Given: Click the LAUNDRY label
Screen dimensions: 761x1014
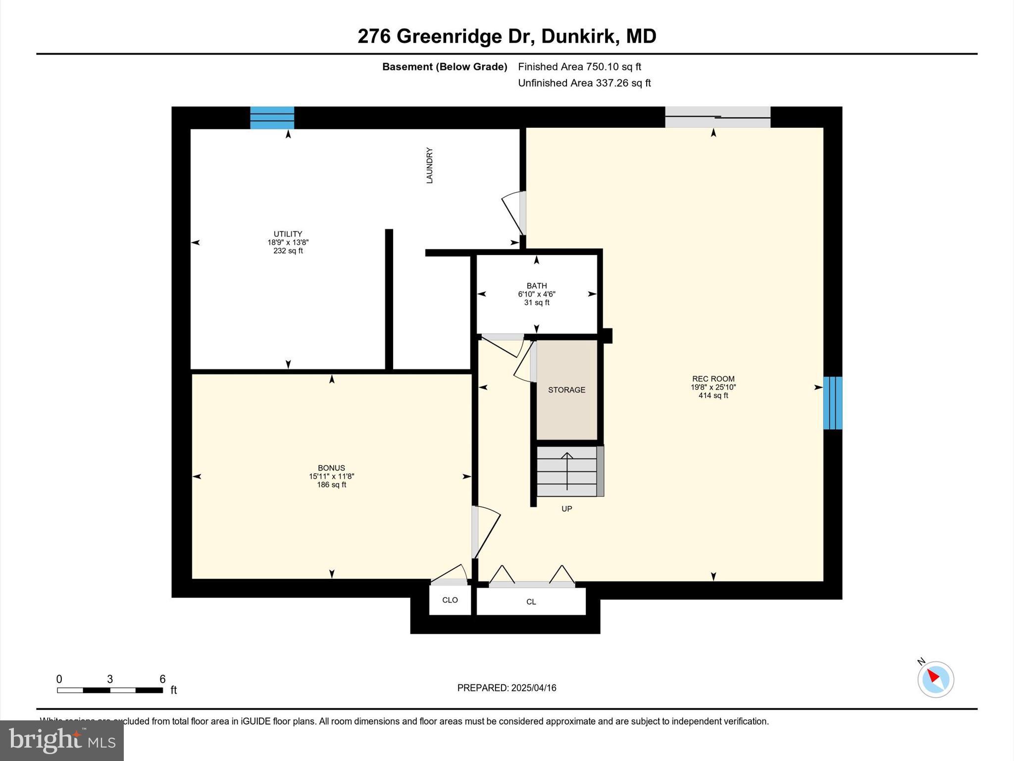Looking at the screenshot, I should (429, 165).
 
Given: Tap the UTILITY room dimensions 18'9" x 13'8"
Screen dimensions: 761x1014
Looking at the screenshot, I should (288, 242).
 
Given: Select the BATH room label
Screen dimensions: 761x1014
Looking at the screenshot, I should (536, 286).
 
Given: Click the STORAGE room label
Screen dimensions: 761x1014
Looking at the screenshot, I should (566, 390).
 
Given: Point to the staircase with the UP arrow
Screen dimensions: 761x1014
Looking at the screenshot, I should (567, 471).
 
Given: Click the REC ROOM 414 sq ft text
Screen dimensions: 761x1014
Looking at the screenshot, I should (713, 395).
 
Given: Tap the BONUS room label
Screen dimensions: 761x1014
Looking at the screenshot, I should (331, 468).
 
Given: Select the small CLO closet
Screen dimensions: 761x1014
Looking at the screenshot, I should (450, 600).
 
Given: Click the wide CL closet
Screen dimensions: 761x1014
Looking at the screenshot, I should (531, 601).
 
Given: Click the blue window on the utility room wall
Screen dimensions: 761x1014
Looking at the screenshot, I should (272, 118).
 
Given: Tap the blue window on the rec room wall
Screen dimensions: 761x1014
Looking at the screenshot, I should (832, 403).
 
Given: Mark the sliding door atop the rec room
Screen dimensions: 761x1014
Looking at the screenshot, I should (717, 117).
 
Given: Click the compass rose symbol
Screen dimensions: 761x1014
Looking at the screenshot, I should (935, 679).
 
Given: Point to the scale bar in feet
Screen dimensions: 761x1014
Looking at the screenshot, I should (110, 690).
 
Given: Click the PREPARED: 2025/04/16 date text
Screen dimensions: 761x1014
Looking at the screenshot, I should (507, 688).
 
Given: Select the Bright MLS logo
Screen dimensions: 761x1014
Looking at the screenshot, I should (62, 740).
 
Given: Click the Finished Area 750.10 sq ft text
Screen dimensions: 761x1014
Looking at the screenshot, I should (579, 66).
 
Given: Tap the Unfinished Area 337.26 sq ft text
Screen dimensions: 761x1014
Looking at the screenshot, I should (584, 83).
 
